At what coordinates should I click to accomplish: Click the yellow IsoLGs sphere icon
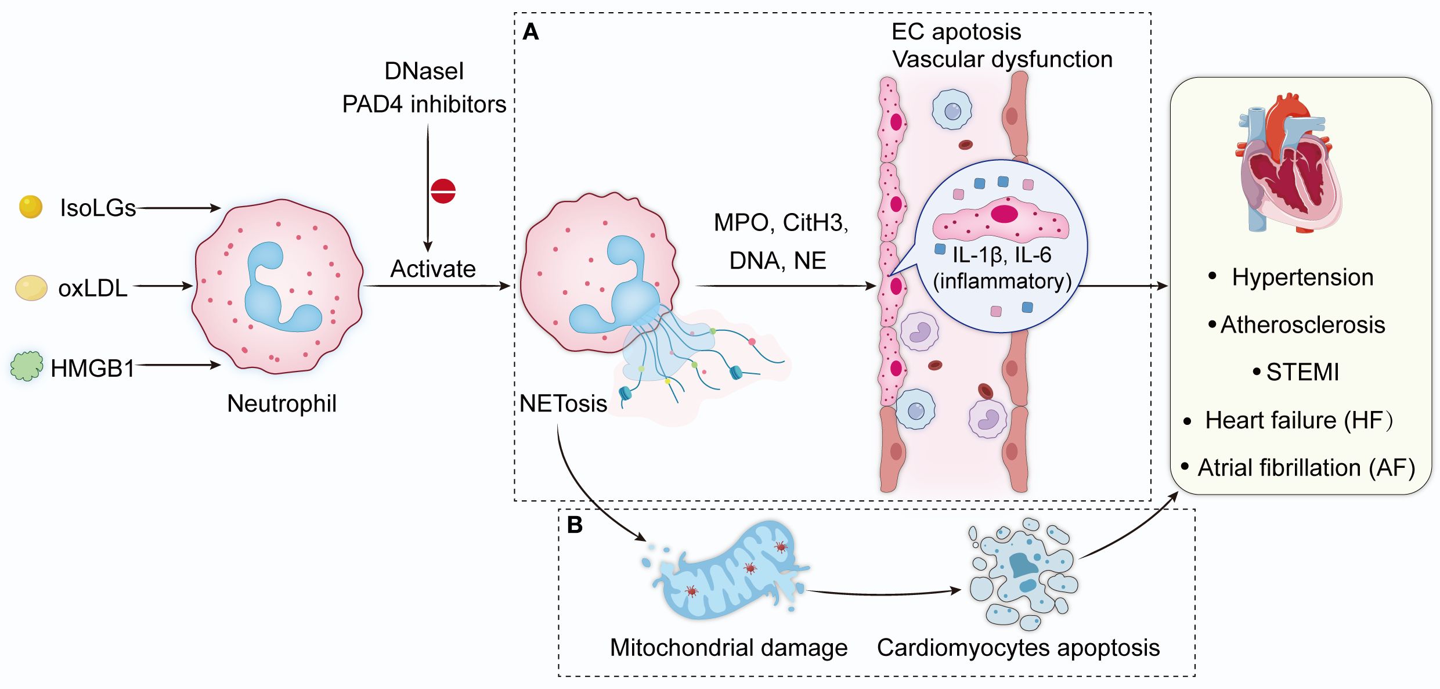pos(31,207)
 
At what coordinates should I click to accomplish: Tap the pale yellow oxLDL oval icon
pos(31,288)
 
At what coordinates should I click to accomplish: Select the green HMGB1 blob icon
pos(27,366)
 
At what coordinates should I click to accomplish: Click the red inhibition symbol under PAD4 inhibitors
pos(443,191)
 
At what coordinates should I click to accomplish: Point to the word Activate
pos(433,269)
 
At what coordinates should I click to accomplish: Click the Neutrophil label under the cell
pos(281,403)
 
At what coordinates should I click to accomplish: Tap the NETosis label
pos(563,403)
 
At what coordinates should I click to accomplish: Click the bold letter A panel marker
pos(530,32)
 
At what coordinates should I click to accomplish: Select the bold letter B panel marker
pos(575,525)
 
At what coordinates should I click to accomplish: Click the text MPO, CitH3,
pos(781,223)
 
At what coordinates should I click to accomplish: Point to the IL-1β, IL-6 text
pos(1002,255)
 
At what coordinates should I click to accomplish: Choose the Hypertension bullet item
pos(1302,277)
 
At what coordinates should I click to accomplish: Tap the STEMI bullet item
pos(1302,372)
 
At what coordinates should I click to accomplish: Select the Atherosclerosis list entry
pos(1302,325)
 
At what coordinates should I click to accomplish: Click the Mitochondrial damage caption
pos(728,648)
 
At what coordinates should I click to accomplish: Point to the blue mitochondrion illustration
pos(728,572)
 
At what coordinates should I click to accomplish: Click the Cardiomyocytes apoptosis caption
pos(1018,648)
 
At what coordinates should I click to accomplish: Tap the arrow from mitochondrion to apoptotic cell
pos(882,593)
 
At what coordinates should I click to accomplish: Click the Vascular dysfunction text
pos(1002,59)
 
